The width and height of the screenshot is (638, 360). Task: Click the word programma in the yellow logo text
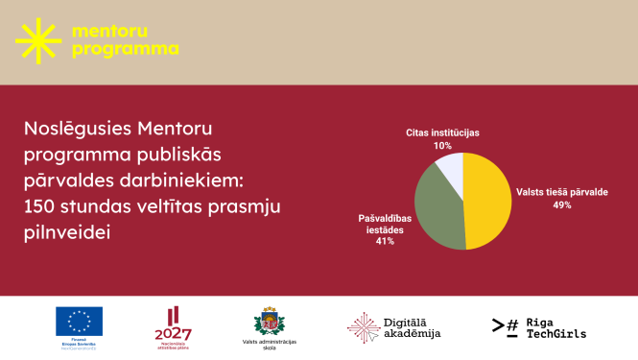point(125,48)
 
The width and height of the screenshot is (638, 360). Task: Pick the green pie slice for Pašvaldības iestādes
point(442,207)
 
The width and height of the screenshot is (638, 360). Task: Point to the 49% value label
point(561,204)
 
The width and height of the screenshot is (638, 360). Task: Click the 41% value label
point(385,241)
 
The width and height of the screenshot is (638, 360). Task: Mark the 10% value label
point(442,145)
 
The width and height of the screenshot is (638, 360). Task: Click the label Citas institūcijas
point(442,132)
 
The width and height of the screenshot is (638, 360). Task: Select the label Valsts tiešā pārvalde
point(562,191)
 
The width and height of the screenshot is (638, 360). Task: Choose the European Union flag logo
point(79,321)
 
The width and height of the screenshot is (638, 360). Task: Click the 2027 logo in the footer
point(173,332)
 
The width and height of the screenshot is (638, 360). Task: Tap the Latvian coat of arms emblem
point(270,320)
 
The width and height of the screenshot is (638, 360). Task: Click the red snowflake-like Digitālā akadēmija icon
point(363,326)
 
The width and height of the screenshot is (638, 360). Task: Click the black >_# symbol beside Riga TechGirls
point(506,327)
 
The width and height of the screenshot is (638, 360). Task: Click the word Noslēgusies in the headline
point(77,128)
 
